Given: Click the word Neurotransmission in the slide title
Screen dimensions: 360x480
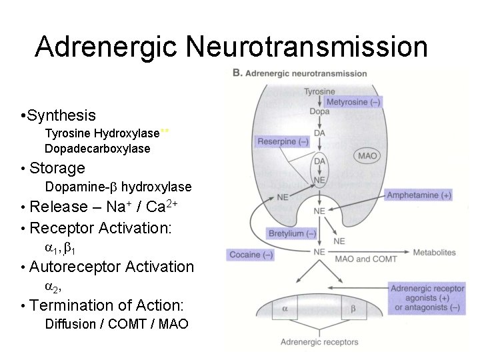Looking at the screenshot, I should pyautogui.click(x=307, y=47).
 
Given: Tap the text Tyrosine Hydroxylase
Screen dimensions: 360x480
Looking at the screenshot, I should pyautogui.click(x=102, y=133).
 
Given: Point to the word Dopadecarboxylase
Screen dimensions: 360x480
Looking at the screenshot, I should pyautogui.click(x=97, y=149).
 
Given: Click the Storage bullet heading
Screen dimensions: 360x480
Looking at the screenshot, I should pyautogui.click(x=57, y=168).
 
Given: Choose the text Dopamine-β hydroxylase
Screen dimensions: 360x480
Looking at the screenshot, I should pyautogui.click(x=118, y=187).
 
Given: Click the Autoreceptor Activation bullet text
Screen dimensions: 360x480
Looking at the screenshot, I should pyautogui.click(x=111, y=267).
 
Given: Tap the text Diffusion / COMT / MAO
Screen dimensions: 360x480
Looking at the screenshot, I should pyautogui.click(x=116, y=325).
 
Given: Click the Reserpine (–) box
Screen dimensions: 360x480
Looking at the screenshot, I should pyautogui.click(x=283, y=141).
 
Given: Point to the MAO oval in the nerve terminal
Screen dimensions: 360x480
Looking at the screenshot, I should pyautogui.click(x=367, y=156).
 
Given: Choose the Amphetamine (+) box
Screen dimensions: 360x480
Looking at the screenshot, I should pyautogui.click(x=419, y=195).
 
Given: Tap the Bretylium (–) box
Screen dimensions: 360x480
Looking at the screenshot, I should pyautogui.click(x=292, y=233).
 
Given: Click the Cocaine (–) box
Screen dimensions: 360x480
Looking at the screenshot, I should pyautogui.click(x=251, y=255).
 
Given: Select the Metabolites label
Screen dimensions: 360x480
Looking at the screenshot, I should pyautogui.click(x=434, y=253).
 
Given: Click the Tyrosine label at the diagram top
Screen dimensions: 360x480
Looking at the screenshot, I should pyautogui.click(x=319, y=91).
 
